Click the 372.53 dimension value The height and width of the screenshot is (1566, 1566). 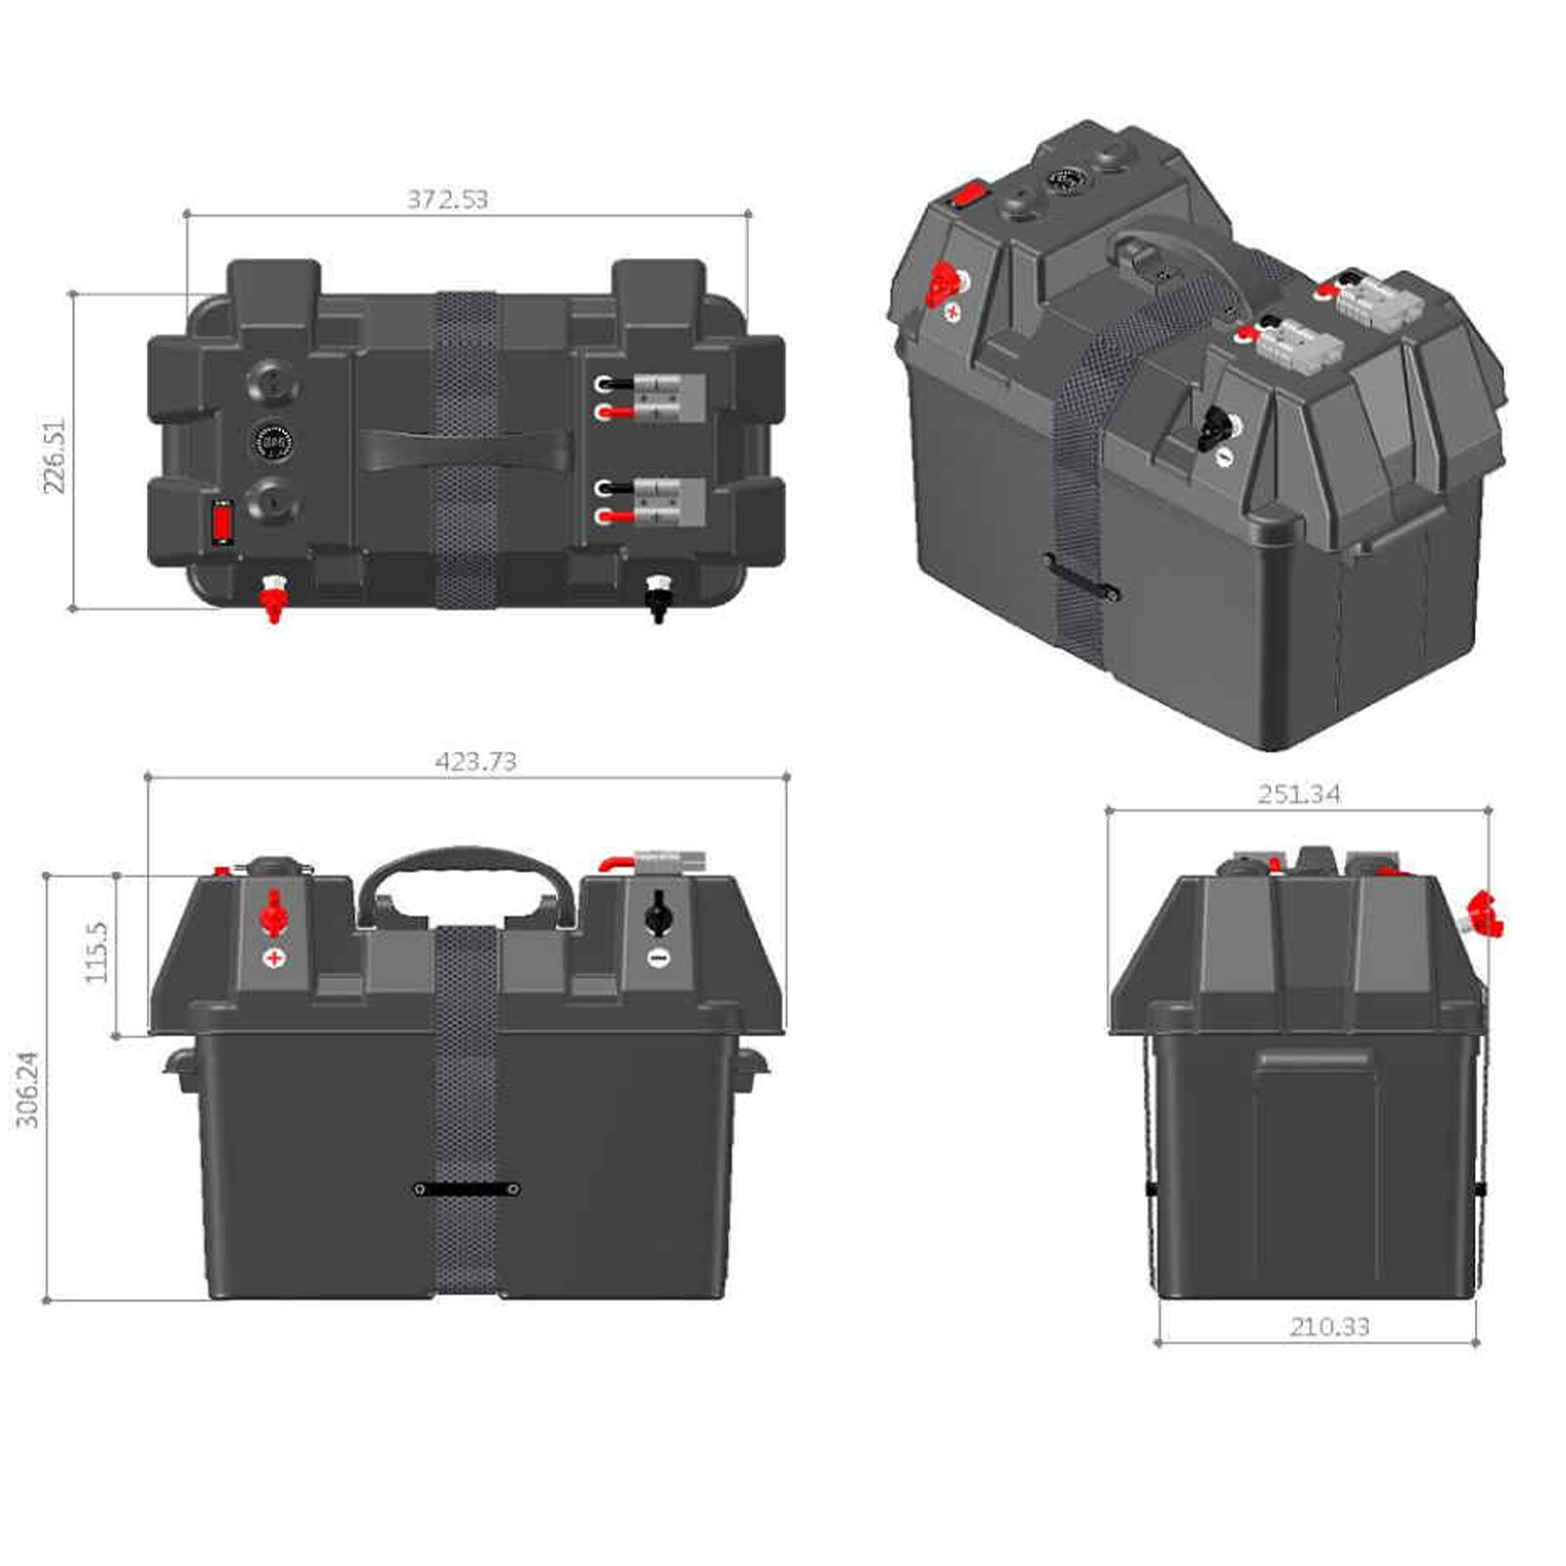(447, 200)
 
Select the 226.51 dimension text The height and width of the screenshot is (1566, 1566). (54, 455)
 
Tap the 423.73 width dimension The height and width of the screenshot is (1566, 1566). (476, 761)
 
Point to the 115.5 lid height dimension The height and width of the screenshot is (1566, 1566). (96, 952)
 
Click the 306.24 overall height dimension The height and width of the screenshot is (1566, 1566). (28, 1089)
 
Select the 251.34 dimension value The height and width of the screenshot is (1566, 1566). (1299, 794)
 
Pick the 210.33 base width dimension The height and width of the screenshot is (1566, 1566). (1329, 1327)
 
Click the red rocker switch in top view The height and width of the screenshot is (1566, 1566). (223, 522)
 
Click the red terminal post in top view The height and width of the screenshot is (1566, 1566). (273, 597)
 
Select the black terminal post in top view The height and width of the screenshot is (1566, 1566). (657, 597)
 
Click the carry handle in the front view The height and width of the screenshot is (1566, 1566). (466, 866)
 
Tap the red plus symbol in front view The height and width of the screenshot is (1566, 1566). (275, 957)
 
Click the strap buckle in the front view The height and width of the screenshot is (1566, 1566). (466, 1189)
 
